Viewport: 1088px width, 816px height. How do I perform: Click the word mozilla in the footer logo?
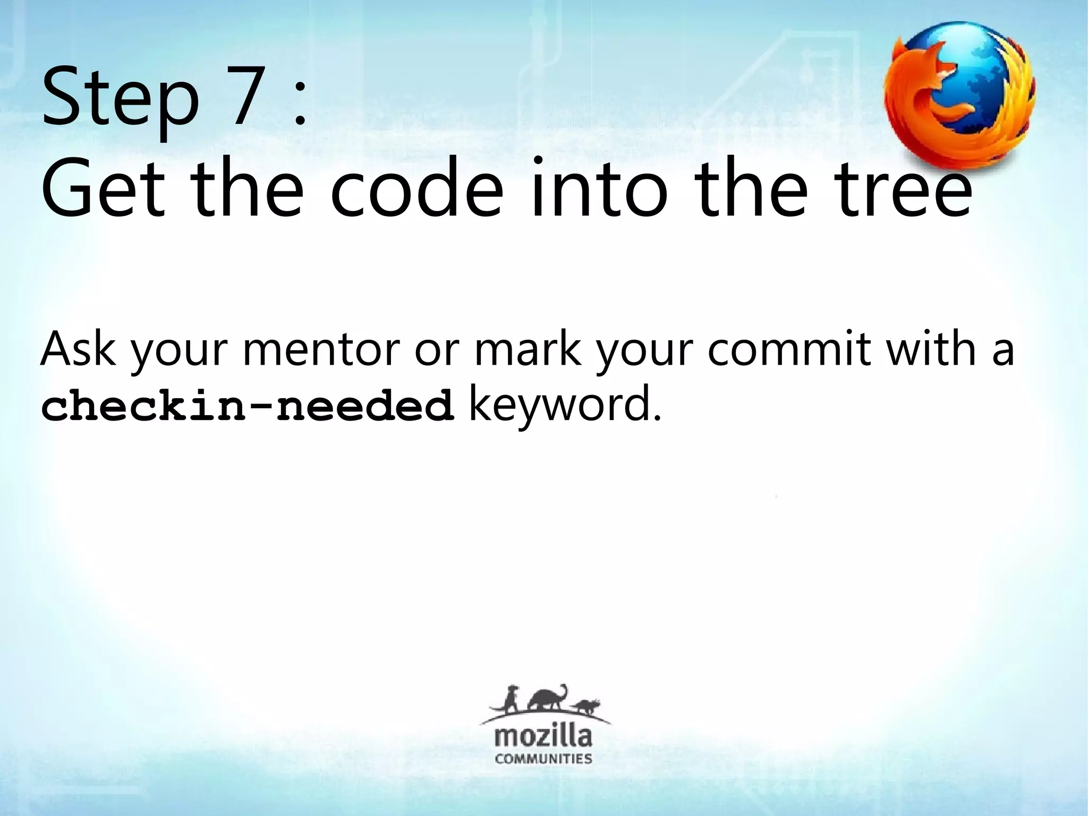543,737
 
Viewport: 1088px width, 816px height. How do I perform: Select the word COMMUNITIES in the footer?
543,758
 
